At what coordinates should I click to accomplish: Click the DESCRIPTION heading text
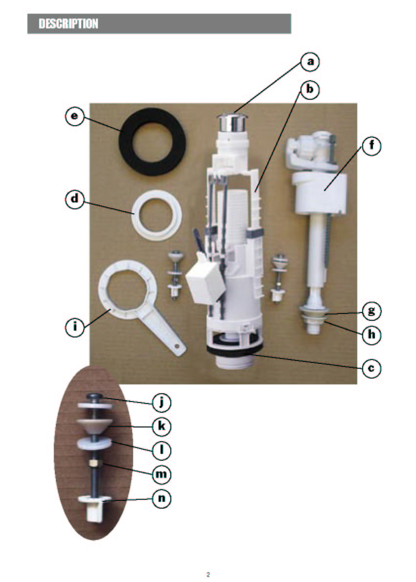pos(69,24)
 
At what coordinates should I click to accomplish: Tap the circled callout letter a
pos(310,62)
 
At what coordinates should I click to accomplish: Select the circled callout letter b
pos(310,90)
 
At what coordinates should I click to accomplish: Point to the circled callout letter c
pos(371,368)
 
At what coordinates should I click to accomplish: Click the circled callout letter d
pos(75,199)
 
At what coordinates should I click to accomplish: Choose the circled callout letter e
pos(75,116)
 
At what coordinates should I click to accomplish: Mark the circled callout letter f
pos(371,146)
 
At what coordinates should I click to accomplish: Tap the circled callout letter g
pos(371,310)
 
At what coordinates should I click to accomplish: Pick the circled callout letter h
pos(371,335)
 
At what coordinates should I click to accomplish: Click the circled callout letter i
pos(75,327)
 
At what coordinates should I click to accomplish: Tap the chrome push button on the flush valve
pos(231,122)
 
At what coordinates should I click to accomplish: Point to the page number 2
pos(208,575)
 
